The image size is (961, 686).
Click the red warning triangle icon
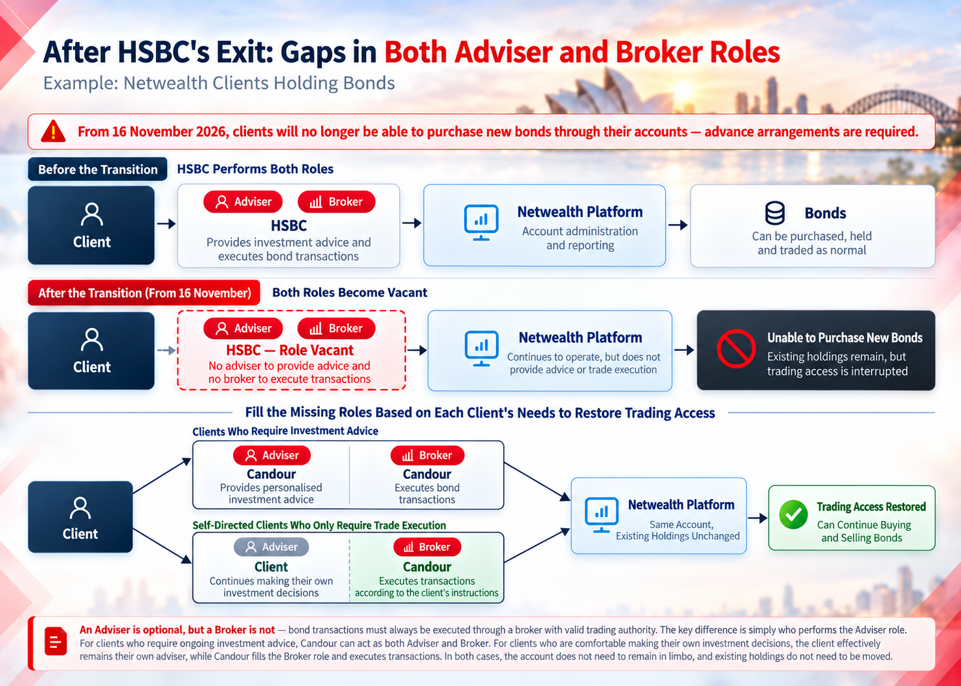pos(53,131)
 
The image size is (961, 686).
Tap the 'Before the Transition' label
pos(98,170)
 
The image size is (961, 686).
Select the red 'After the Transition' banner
pos(144,293)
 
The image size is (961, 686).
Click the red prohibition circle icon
pos(736,349)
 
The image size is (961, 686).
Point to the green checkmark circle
pos(793,514)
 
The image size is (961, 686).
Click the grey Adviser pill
pos(271,547)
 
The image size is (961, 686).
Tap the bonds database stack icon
pos(774,213)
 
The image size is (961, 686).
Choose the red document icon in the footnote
pos(56,641)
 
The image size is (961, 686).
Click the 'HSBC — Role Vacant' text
pos(289,350)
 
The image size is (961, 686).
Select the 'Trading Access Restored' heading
pos(871,506)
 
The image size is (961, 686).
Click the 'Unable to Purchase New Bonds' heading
pos(844,337)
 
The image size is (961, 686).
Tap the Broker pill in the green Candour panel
pos(427,547)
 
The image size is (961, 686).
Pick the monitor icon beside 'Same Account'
pos(602,514)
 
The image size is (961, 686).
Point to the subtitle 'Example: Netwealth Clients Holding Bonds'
pos(219,83)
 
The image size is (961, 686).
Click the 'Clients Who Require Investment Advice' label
pos(286,431)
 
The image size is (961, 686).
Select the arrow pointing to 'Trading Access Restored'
pos(757,518)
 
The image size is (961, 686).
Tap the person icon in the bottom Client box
pos(80,508)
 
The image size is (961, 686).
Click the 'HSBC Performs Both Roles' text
pos(255,169)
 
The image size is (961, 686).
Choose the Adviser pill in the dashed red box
pos(243,328)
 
